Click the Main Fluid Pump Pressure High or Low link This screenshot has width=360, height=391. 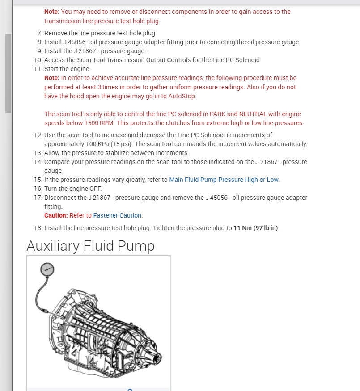tap(224, 180)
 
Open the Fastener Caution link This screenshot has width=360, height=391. tap(118, 215)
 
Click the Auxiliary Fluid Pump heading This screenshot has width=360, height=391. tap(90, 246)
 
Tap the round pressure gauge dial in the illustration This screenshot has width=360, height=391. tap(47, 269)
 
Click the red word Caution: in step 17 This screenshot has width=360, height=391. tap(56, 215)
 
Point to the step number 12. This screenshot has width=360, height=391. tap(38, 135)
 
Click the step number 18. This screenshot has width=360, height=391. tap(38, 228)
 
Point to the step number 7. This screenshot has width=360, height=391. tap(39, 33)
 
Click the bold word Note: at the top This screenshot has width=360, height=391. tap(51, 12)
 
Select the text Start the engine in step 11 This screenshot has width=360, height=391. tap(67, 69)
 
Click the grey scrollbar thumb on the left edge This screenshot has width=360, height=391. tap(8, 74)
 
